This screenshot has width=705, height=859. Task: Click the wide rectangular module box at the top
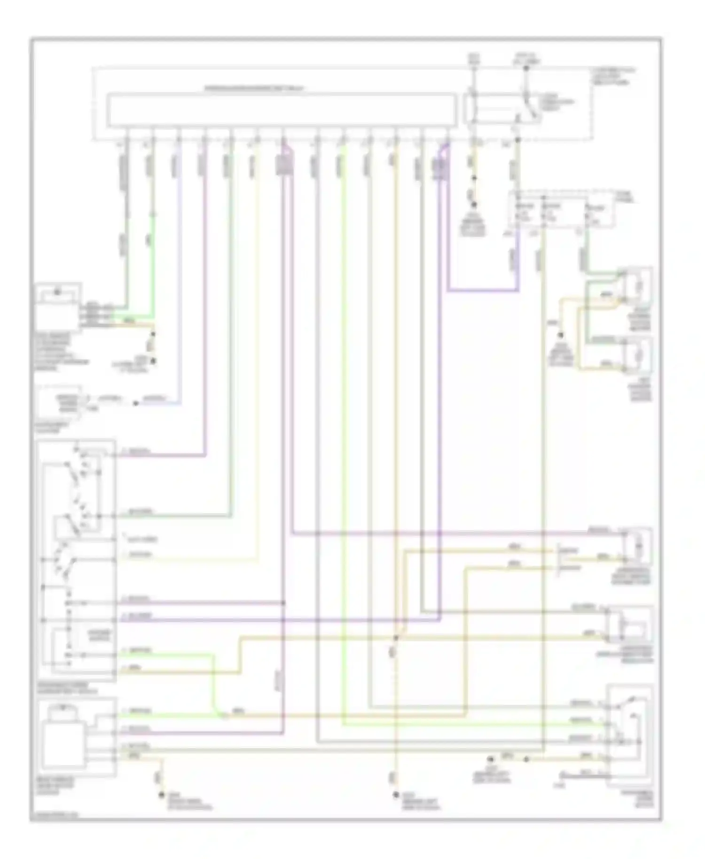[x=281, y=110]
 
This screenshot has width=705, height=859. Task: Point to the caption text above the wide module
[x=254, y=88]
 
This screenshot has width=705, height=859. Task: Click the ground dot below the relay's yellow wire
[x=474, y=205]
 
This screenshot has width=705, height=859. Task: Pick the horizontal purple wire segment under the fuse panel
[x=483, y=291]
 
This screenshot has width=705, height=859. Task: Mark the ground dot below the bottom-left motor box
[x=162, y=795]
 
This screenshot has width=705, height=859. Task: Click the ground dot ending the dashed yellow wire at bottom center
[x=396, y=795]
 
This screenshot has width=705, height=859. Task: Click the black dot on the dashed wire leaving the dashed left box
[x=135, y=403]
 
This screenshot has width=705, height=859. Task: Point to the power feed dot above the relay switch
[x=526, y=68]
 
